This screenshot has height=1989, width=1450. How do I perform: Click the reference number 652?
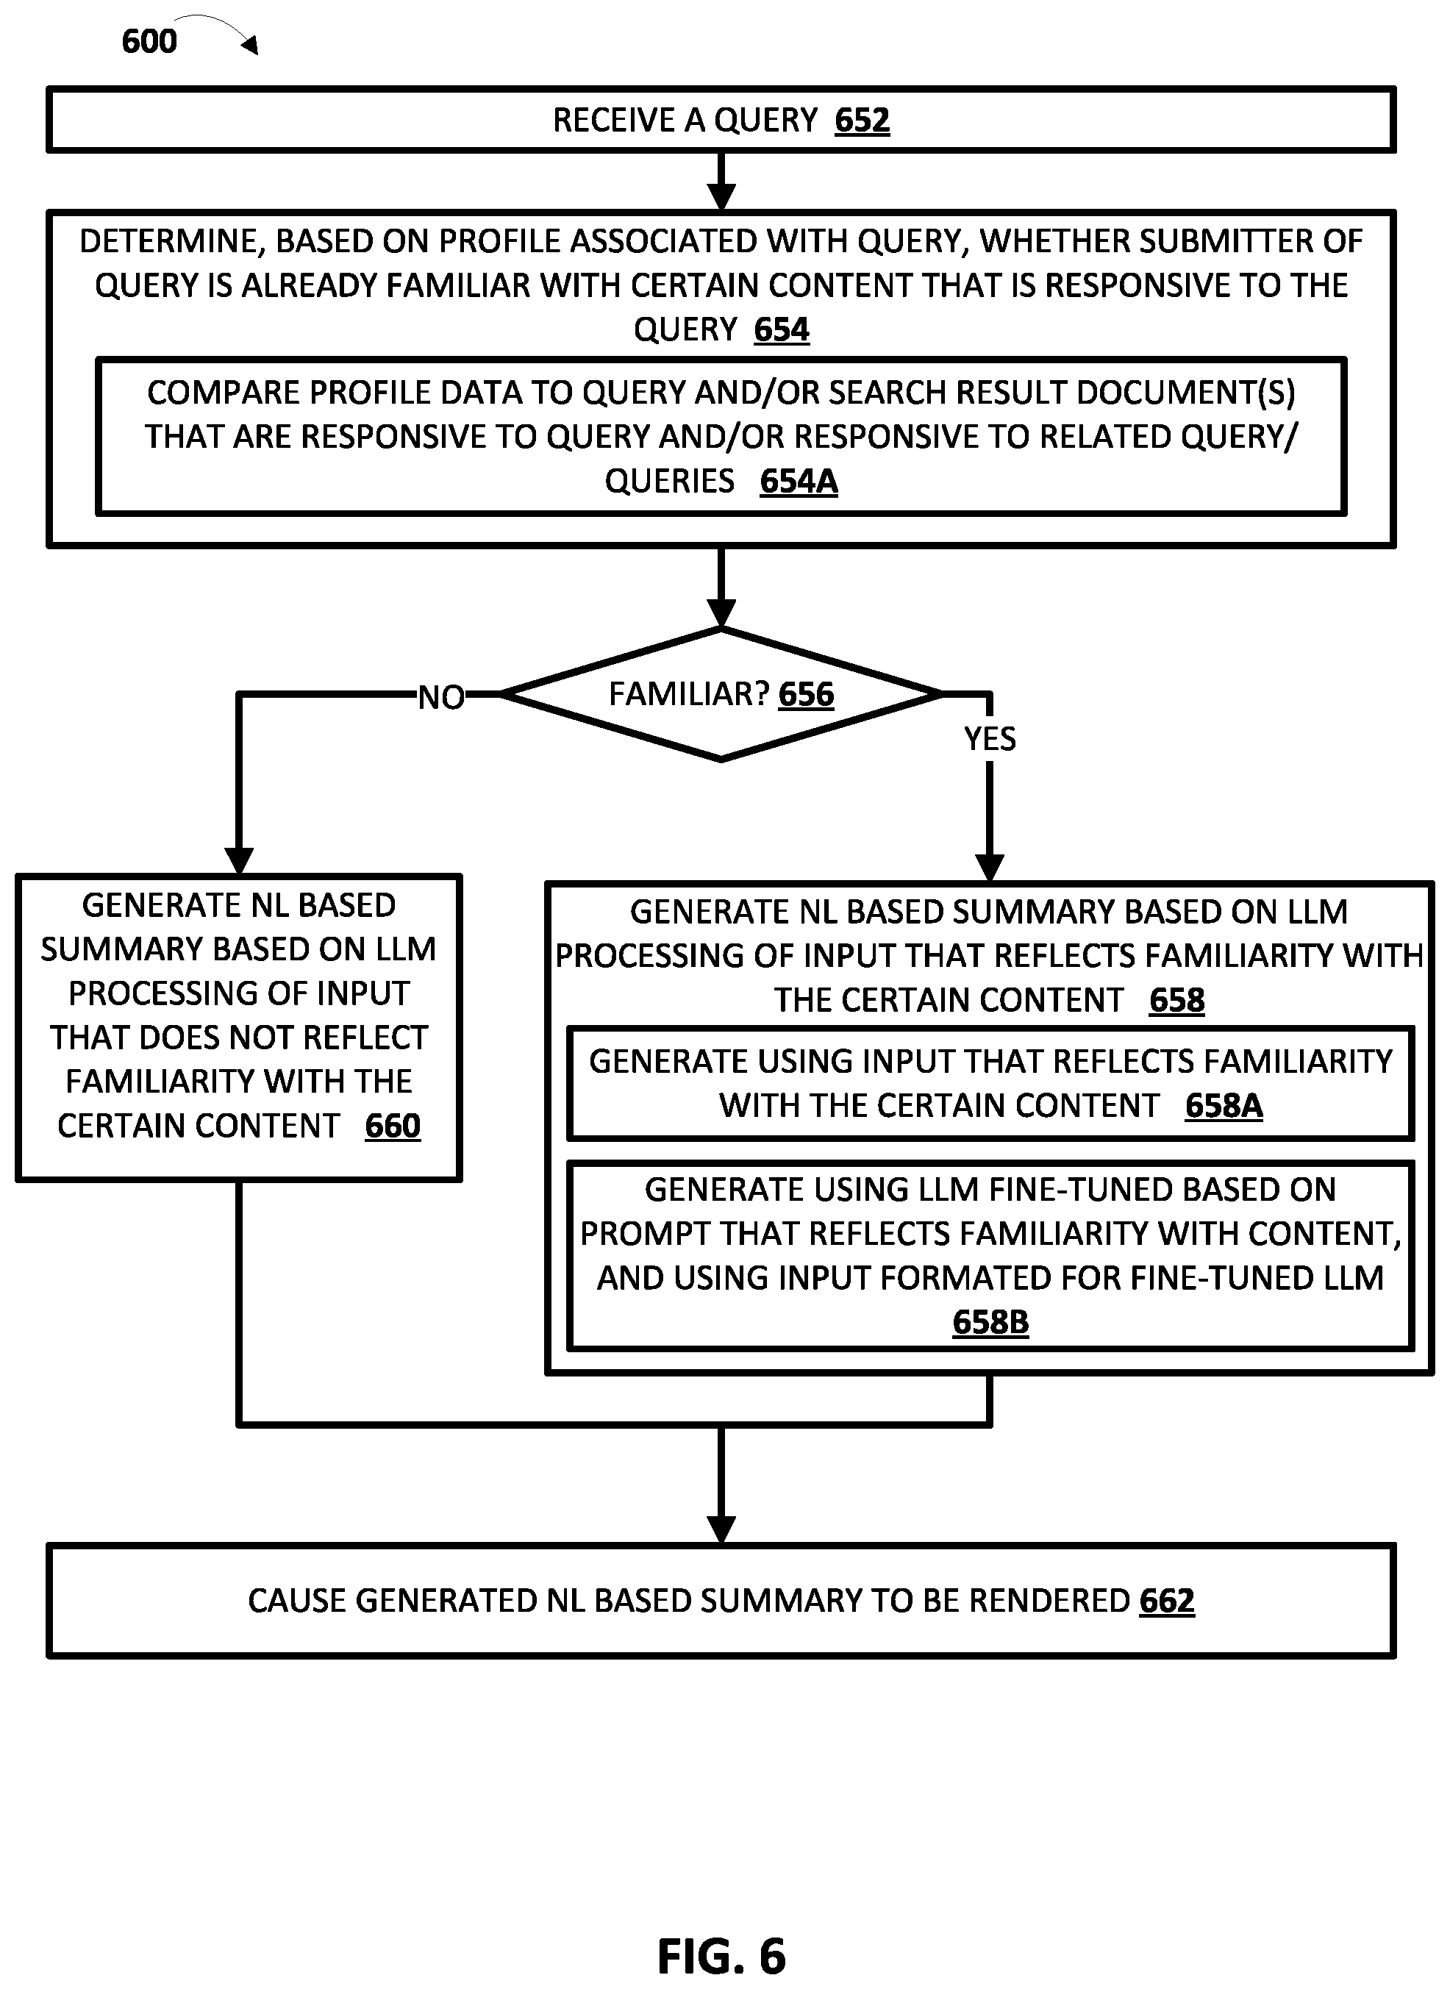(861, 121)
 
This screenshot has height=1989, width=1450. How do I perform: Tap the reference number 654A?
(798, 481)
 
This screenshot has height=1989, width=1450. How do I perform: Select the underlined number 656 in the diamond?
(806, 694)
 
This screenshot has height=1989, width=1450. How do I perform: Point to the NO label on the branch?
(440, 698)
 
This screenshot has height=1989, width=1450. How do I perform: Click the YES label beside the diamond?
(989, 739)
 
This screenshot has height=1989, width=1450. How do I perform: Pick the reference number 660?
(393, 1126)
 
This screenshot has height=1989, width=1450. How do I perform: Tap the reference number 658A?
(1223, 1106)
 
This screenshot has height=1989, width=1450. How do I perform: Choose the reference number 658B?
(990, 1322)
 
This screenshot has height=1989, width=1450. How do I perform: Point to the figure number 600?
(149, 41)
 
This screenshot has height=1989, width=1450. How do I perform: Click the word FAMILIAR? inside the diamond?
(688, 694)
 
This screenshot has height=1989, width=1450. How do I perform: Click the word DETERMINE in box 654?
(172, 241)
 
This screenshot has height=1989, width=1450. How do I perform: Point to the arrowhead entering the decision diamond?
(721, 613)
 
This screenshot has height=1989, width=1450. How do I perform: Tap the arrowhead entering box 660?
(239, 860)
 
